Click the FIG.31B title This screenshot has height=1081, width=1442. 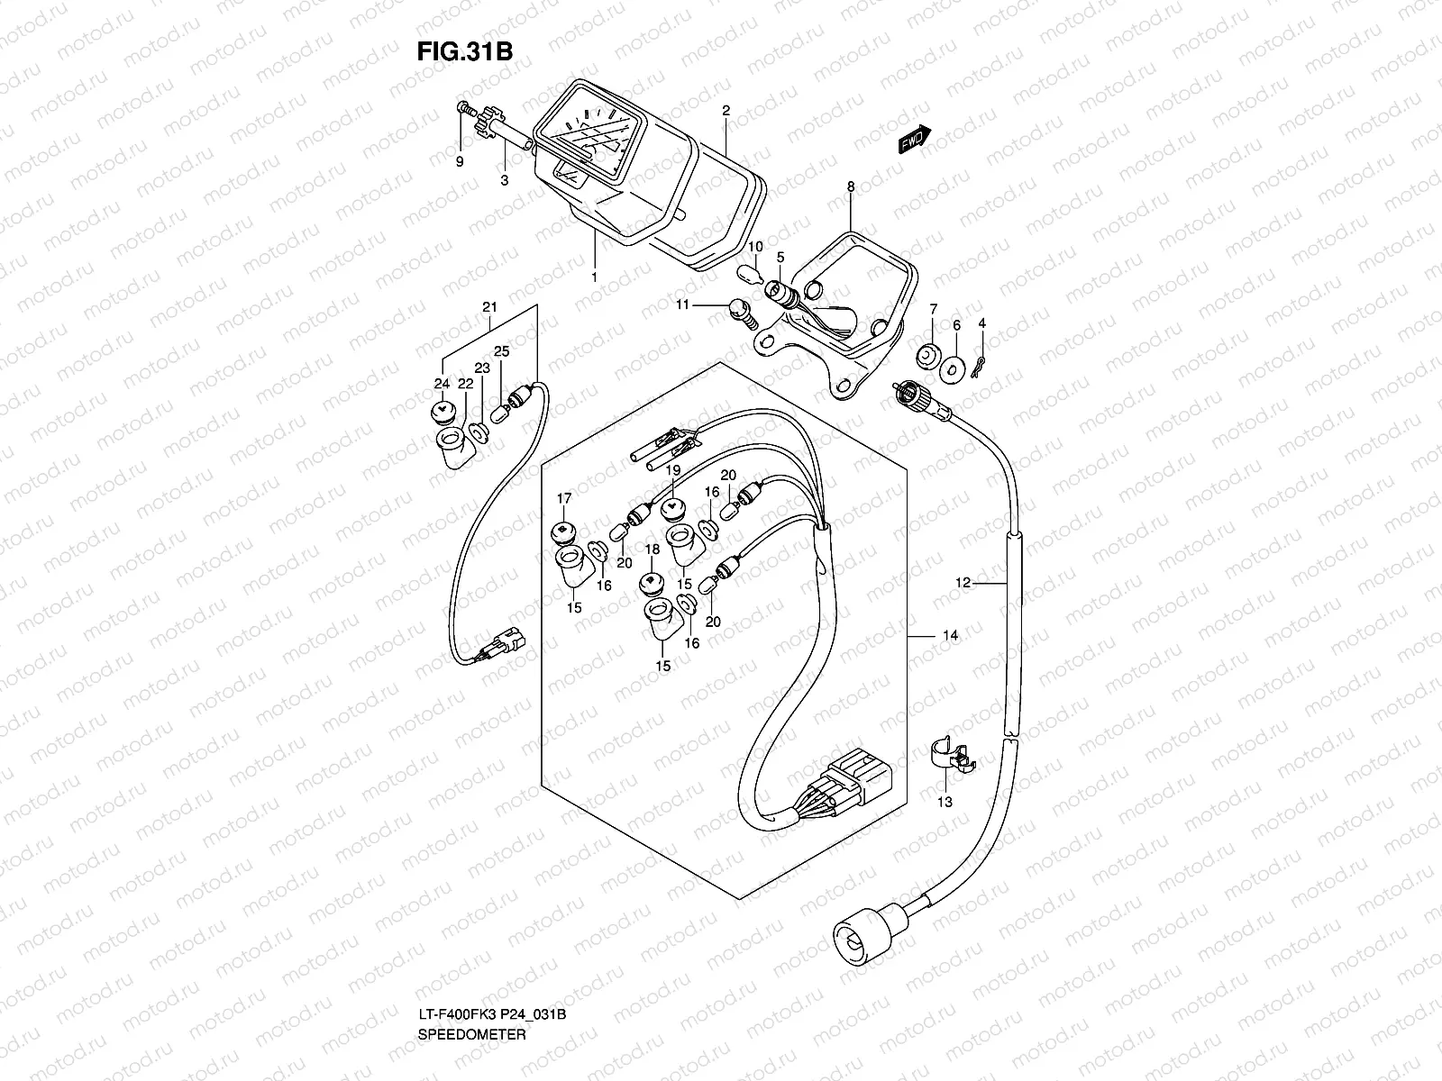[x=464, y=52]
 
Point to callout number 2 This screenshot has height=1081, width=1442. [x=726, y=111]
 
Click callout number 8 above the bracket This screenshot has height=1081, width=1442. [x=850, y=186]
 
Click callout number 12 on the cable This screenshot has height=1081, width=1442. [x=963, y=583]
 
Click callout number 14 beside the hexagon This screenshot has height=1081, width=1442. [x=950, y=636]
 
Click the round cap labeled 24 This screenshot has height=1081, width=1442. [x=440, y=413]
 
